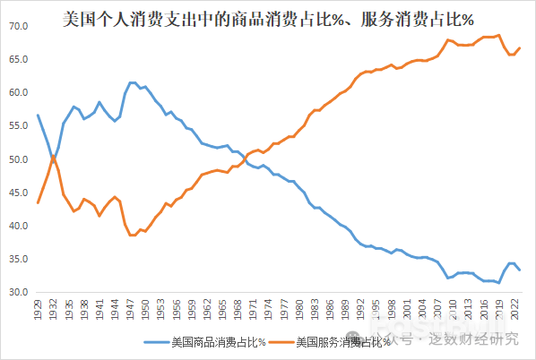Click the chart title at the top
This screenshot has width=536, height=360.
[x=269, y=17]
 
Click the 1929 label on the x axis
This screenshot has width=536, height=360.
[x=39, y=309]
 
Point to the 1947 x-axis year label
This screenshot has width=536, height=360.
[x=131, y=309]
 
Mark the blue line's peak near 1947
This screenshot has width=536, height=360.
[x=132, y=82]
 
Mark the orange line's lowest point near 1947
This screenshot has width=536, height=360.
[x=132, y=235]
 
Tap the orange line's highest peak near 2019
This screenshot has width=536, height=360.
[x=499, y=35]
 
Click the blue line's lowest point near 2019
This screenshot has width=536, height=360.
[x=499, y=283]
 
